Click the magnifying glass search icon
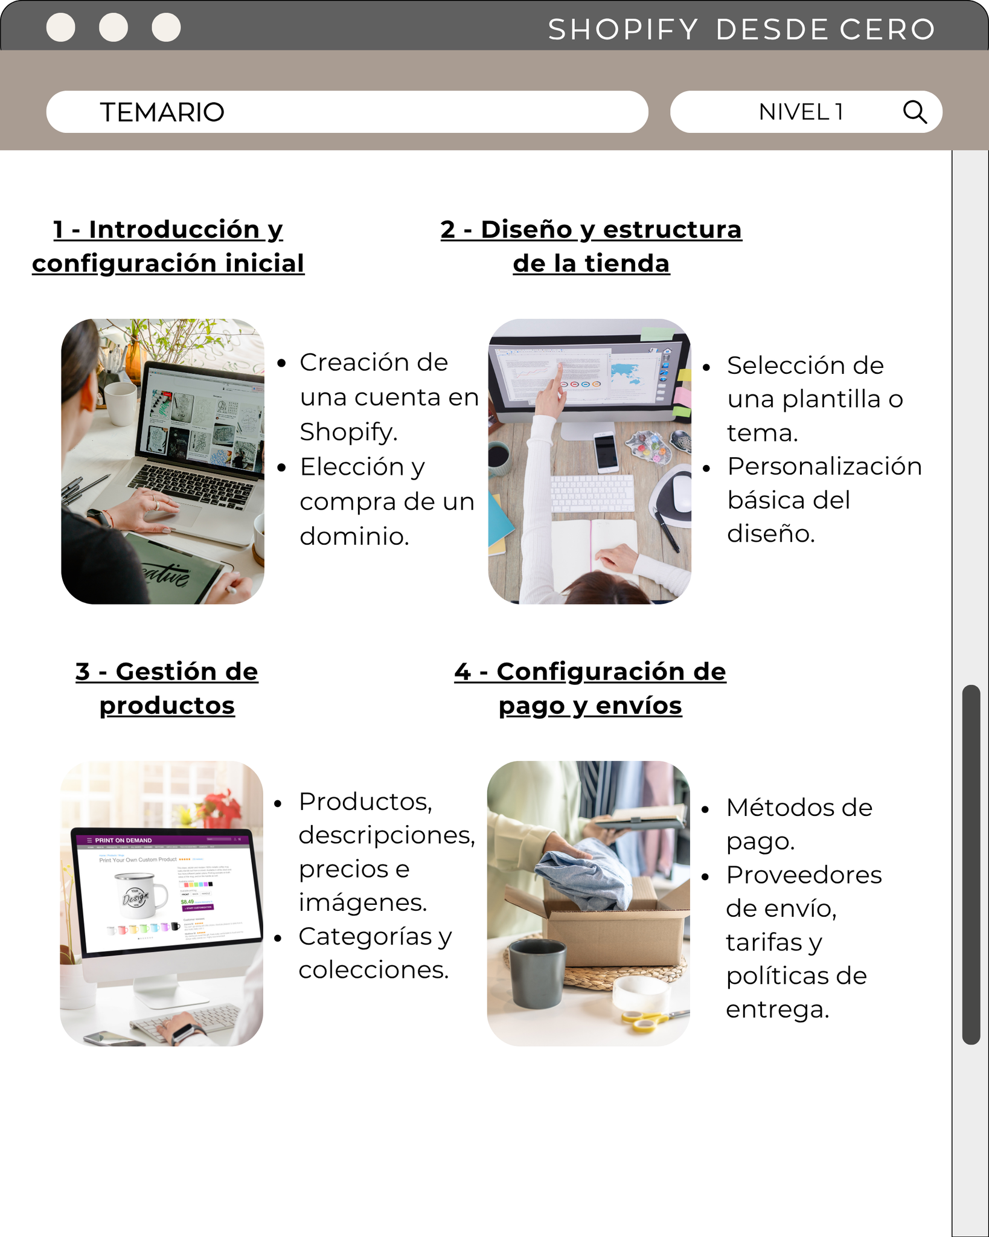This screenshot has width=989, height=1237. pos(915,112)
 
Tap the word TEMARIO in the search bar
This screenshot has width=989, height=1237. pos(162,112)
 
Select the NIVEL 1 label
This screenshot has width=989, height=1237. pos(801,112)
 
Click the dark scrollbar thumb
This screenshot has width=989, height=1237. pos(971,864)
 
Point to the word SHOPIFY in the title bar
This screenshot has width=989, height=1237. pos(623,30)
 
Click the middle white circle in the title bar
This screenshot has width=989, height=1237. pos(114,27)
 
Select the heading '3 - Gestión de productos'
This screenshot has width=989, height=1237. pos(167,689)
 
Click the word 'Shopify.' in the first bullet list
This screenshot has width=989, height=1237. pos(348,432)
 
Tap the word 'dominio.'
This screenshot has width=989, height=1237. pos(354,536)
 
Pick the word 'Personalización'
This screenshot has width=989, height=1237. pos(824,467)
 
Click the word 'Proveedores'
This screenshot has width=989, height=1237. pos(804,875)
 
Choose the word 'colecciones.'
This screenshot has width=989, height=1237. pos(374,970)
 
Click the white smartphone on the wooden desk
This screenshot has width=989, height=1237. pos(606,452)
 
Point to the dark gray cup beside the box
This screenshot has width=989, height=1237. pos(537,972)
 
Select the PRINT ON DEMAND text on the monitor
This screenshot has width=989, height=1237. pos(123,840)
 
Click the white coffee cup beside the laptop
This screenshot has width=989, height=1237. pos(121,403)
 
